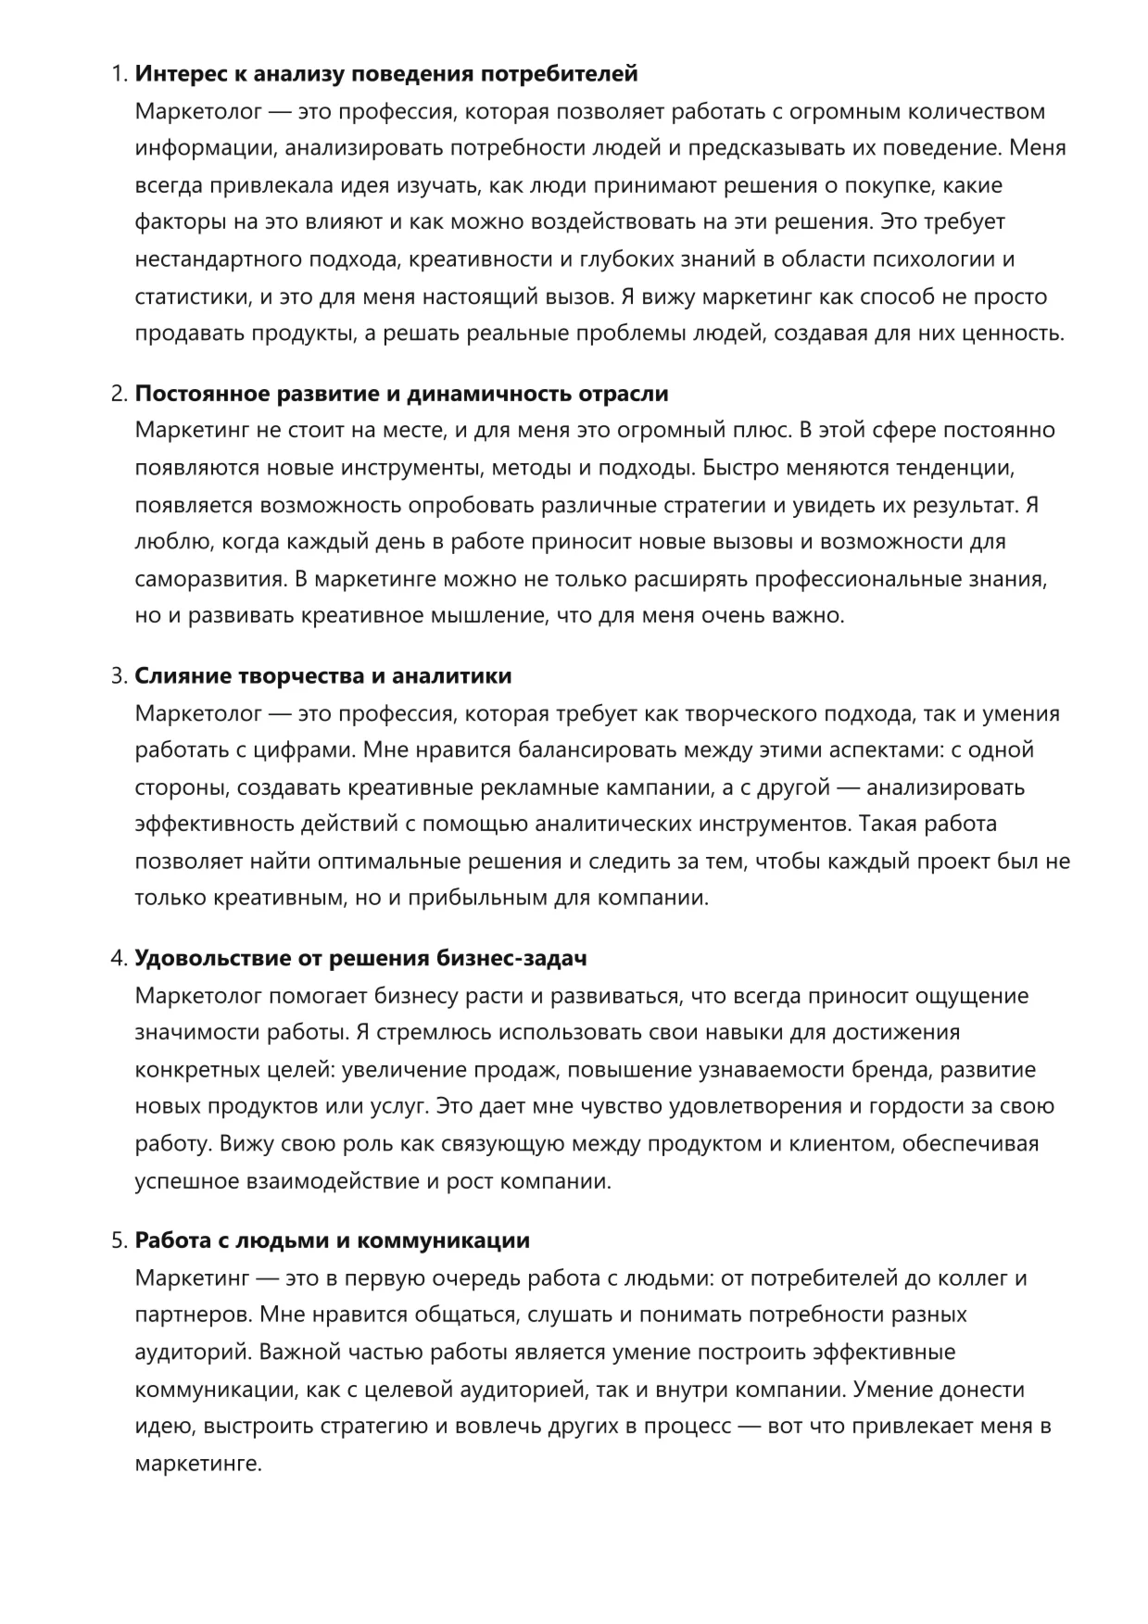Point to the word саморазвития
click(209, 579)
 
